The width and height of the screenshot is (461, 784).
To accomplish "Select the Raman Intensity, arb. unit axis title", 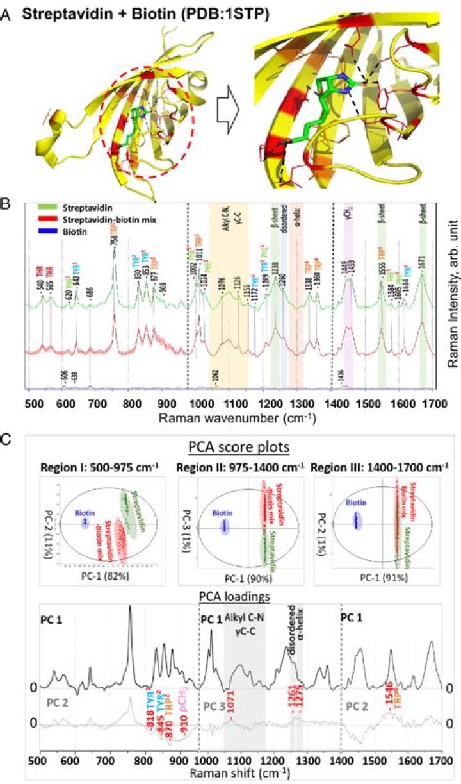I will coord(451,295).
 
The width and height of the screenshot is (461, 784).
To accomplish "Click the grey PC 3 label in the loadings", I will coord(214,705).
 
